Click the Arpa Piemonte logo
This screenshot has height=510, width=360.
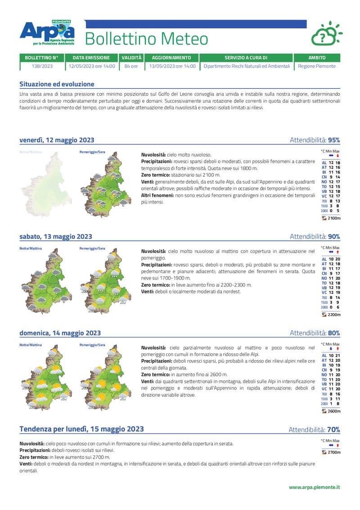pos(47,32)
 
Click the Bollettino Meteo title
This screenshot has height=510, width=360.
pos(146,39)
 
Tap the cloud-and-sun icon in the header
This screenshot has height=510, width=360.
pos(326,34)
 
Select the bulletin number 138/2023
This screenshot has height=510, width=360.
pos(42,66)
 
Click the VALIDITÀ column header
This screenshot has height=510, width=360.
pos(131,58)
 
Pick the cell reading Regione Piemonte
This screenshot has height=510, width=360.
pos(317,66)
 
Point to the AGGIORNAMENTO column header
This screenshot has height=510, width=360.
pos(171,58)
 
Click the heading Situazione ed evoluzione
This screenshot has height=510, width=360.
pos(57,84)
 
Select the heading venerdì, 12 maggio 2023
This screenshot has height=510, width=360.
pos(57,140)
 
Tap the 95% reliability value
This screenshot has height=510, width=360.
pos(334,140)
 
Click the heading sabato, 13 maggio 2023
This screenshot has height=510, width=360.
pos(56,237)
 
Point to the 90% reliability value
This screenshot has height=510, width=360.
pos(334,237)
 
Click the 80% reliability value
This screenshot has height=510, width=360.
pos(334,333)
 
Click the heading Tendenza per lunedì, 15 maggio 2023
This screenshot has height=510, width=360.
pos(81,429)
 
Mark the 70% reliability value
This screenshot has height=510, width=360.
pos(333,429)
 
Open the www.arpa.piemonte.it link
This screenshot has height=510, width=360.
pos(314,487)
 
